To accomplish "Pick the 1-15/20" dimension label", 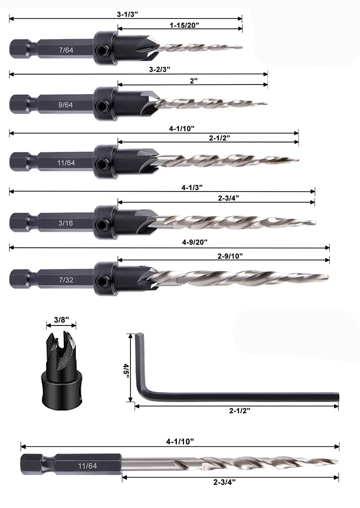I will pos(184,26).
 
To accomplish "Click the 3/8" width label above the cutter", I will pos(61,320).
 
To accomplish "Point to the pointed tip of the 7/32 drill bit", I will pos(328,277).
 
